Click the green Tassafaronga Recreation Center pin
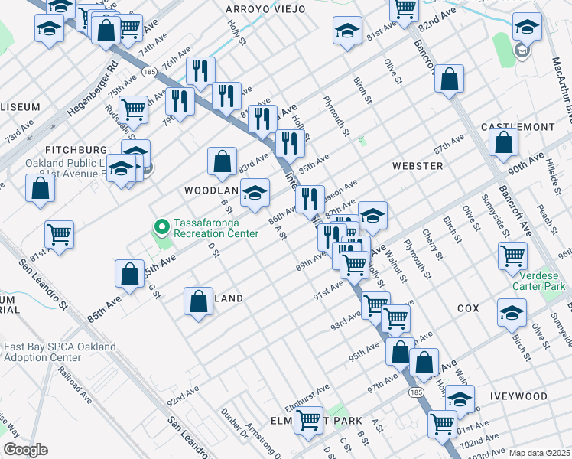(161, 226)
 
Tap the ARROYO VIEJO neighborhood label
(265, 9)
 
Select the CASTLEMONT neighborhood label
(518, 126)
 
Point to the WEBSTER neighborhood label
(418, 165)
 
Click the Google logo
(25, 450)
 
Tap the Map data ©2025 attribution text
(538, 453)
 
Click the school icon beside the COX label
(512, 311)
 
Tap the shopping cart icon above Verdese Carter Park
(512, 256)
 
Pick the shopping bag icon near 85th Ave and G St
(130, 273)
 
